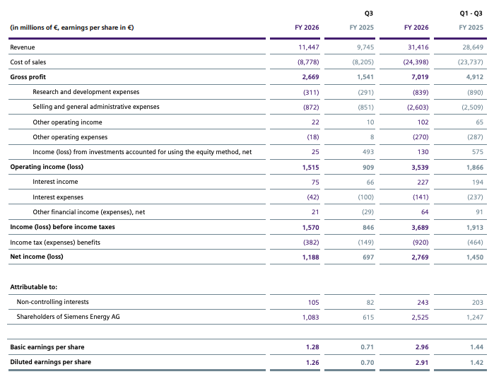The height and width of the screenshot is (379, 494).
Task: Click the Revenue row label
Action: pyautogui.click(x=23, y=47)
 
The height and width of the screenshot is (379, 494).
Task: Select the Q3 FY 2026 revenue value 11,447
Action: pyautogui.click(x=309, y=47)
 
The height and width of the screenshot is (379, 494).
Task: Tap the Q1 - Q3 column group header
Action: pyautogui.click(x=471, y=13)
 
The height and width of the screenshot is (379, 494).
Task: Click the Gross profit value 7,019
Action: pyautogui.click(x=420, y=77)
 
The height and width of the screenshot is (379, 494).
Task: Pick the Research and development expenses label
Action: pyautogui.click(x=86, y=92)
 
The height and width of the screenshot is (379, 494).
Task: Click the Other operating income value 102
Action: pyautogui.click(x=423, y=122)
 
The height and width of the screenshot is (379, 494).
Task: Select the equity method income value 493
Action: pyautogui.click(x=368, y=152)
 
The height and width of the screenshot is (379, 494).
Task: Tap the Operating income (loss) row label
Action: pyautogui.click(x=47, y=167)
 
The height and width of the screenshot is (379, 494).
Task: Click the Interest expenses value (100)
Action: pyautogui.click(x=366, y=197)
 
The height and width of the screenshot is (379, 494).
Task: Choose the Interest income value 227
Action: pyautogui.click(x=423, y=182)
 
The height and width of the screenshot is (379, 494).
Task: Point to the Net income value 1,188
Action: pyautogui.click(x=311, y=257)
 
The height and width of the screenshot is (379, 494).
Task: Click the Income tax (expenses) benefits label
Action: pyautogui.click(x=55, y=243)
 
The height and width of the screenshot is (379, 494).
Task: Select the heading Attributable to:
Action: pyautogui.click(x=34, y=287)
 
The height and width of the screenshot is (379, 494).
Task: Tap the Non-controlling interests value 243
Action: pyautogui.click(x=423, y=303)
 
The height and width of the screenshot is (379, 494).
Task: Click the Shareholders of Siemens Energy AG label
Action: pyautogui.click(x=68, y=317)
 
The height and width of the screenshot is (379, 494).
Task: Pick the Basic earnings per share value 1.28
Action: pyautogui.click(x=312, y=347)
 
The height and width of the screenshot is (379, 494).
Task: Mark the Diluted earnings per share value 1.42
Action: pyautogui.click(x=476, y=363)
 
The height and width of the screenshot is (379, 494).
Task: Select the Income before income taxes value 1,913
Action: pyautogui.click(x=475, y=228)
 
